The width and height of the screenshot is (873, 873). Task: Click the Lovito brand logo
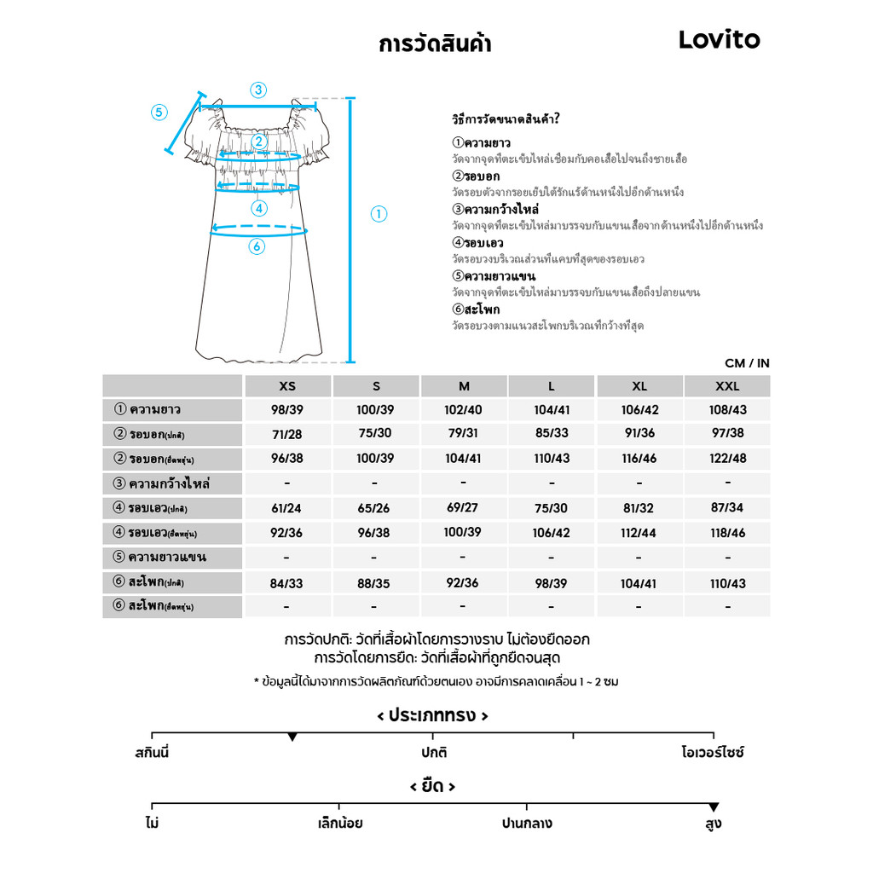[x=719, y=40]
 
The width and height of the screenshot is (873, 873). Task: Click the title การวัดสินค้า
[x=434, y=43]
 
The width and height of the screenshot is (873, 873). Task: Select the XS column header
[x=287, y=386]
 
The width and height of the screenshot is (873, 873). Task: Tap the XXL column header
[x=727, y=386]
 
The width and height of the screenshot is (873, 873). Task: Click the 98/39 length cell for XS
[x=287, y=410]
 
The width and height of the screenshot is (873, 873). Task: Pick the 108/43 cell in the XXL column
[x=727, y=410]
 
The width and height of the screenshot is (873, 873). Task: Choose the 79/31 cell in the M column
[x=463, y=433]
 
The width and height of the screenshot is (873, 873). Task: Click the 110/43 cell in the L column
[x=552, y=458]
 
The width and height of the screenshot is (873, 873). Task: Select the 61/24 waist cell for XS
[x=287, y=508]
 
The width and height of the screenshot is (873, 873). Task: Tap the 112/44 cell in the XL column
[x=639, y=533]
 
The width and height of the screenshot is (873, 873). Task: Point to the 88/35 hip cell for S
[x=375, y=583]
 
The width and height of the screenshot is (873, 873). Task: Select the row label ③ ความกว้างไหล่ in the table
[x=162, y=483]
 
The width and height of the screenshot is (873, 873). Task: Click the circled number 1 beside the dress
[x=379, y=214]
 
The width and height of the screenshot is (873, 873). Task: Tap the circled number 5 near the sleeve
[x=159, y=113]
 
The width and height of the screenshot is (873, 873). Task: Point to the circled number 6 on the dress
[x=257, y=246]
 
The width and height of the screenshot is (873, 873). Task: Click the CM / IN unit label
[x=747, y=363]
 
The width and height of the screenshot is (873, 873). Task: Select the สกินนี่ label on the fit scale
[x=152, y=753]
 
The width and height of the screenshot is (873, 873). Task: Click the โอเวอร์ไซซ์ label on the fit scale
[x=713, y=753]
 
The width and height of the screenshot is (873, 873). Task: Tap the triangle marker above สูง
[x=714, y=807]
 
